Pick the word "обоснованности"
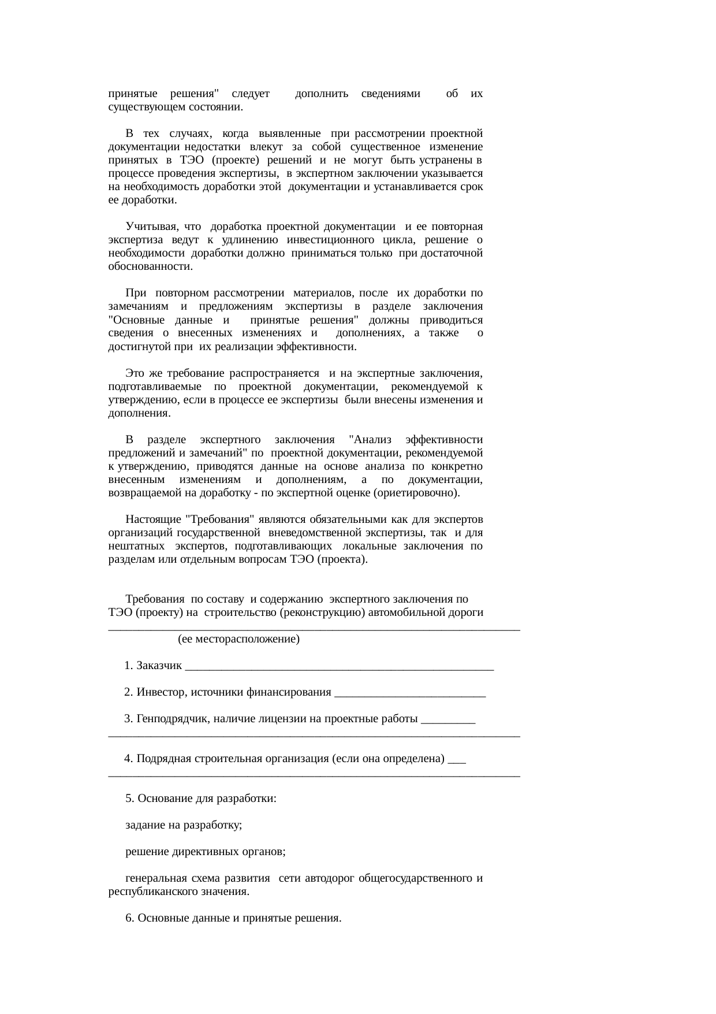150,266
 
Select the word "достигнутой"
137,347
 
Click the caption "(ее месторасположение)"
239,640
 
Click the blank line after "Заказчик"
340,666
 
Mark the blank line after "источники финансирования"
410,693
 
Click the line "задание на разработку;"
184,825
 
